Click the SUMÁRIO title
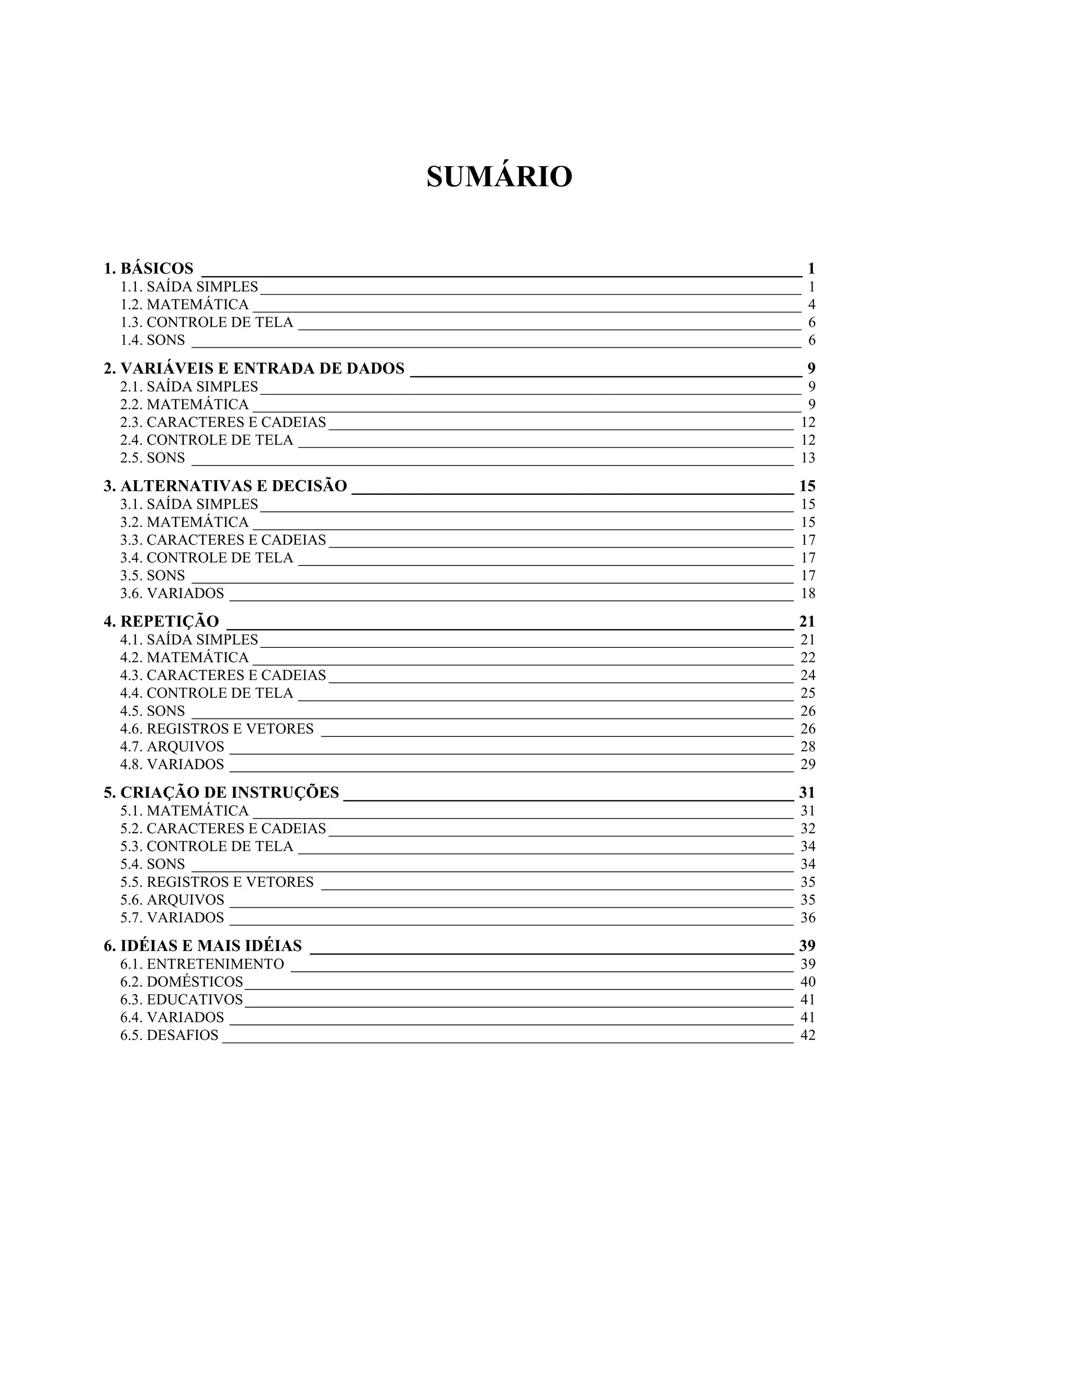click(x=499, y=177)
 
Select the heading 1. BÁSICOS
click(x=148, y=269)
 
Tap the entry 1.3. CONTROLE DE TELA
click(x=207, y=322)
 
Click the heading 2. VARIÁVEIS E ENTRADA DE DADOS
click(x=254, y=368)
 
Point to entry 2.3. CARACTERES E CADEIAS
click(x=223, y=422)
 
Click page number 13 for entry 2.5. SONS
click(x=808, y=458)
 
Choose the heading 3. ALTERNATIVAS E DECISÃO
click(x=225, y=486)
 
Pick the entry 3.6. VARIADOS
click(x=172, y=593)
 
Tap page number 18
click(x=808, y=593)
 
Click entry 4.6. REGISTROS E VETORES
click(x=217, y=729)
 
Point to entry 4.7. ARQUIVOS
click(x=172, y=746)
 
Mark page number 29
click(x=808, y=764)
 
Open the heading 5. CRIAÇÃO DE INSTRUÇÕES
click(x=221, y=793)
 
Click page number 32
click(x=808, y=829)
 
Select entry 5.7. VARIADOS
click(x=172, y=918)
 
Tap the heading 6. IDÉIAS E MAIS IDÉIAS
click(x=202, y=946)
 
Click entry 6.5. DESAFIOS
click(x=169, y=1035)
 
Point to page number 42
click(x=808, y=1035)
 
